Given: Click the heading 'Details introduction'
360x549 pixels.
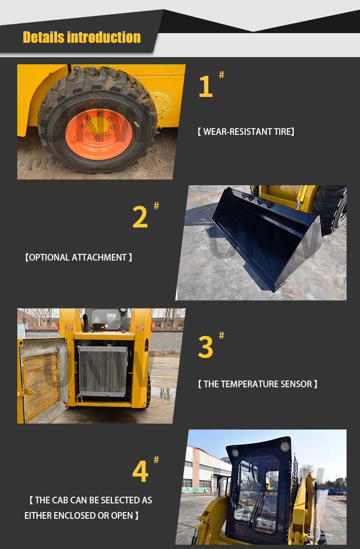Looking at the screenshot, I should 82,37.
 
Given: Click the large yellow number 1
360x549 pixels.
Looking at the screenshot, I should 205,87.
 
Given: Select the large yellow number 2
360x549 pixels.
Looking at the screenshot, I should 140,217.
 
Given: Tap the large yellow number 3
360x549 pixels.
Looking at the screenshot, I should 205,347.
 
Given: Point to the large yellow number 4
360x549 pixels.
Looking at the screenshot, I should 140,472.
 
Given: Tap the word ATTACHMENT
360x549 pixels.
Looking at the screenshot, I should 99,258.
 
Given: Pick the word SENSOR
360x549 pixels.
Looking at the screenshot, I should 298,384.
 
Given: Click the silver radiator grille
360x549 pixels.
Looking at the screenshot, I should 102,370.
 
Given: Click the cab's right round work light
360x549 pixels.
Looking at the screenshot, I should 285,447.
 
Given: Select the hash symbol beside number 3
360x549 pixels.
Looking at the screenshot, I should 221,335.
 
